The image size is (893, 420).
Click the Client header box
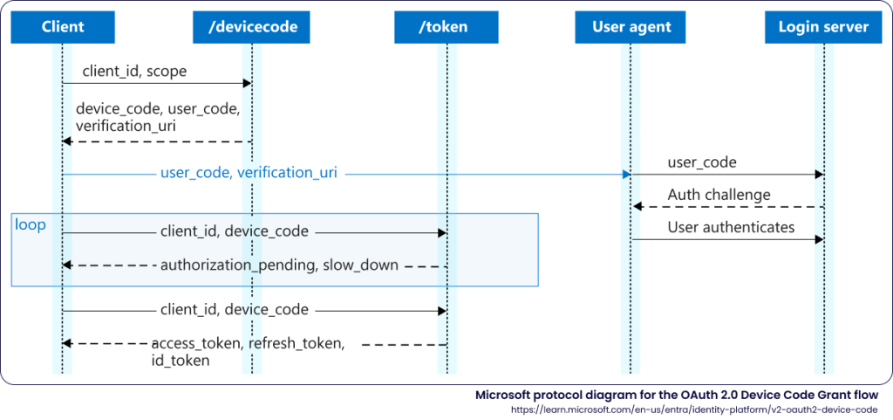[62, 27]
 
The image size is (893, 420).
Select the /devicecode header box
[251, 27]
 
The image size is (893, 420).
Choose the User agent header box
[631, 27]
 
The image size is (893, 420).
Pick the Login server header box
[823, 27]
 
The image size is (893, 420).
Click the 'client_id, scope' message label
[134, 72]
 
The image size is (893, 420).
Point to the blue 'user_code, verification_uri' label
[249, 173]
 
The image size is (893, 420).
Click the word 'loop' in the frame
[31, 225]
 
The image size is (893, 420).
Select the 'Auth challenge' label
[719, 195]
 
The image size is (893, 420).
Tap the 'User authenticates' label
[731, 227]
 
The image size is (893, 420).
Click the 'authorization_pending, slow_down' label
[279, 265]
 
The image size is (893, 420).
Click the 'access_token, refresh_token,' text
[248, 343]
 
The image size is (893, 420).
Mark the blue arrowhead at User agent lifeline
[626, 175]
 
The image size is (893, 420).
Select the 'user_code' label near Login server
[701, 162]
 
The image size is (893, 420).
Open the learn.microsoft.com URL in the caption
[695, 409]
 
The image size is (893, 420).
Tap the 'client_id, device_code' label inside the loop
[234, 231]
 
